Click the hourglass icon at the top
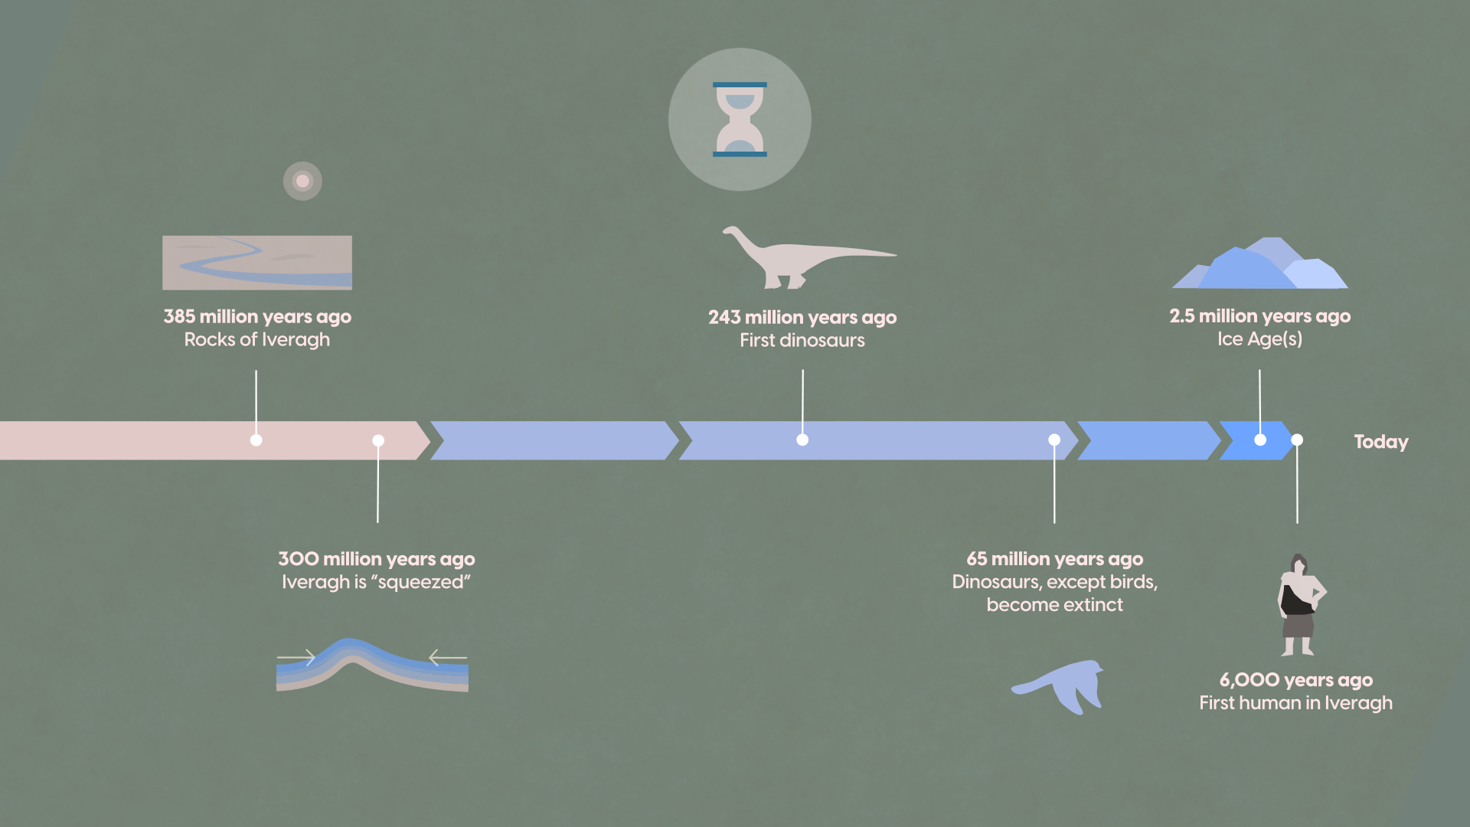740,119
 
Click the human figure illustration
1300,605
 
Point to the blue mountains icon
1259,263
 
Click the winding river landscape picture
257,263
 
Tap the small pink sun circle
302,181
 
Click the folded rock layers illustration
372,665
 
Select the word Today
1381,442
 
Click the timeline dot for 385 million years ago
256,440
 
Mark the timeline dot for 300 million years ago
378,440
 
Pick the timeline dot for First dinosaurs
802,440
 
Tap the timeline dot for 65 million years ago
1054,440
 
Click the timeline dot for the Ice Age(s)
1260,440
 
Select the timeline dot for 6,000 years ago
1297,440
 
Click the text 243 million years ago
802,317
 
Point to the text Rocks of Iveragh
257,340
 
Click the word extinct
1091,605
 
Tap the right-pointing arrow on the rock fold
296,657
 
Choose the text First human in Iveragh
1296,703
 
